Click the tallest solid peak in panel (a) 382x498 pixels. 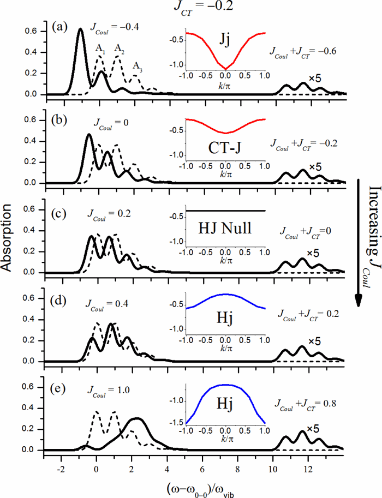coord(80,29)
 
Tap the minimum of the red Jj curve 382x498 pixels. coord(225,69)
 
